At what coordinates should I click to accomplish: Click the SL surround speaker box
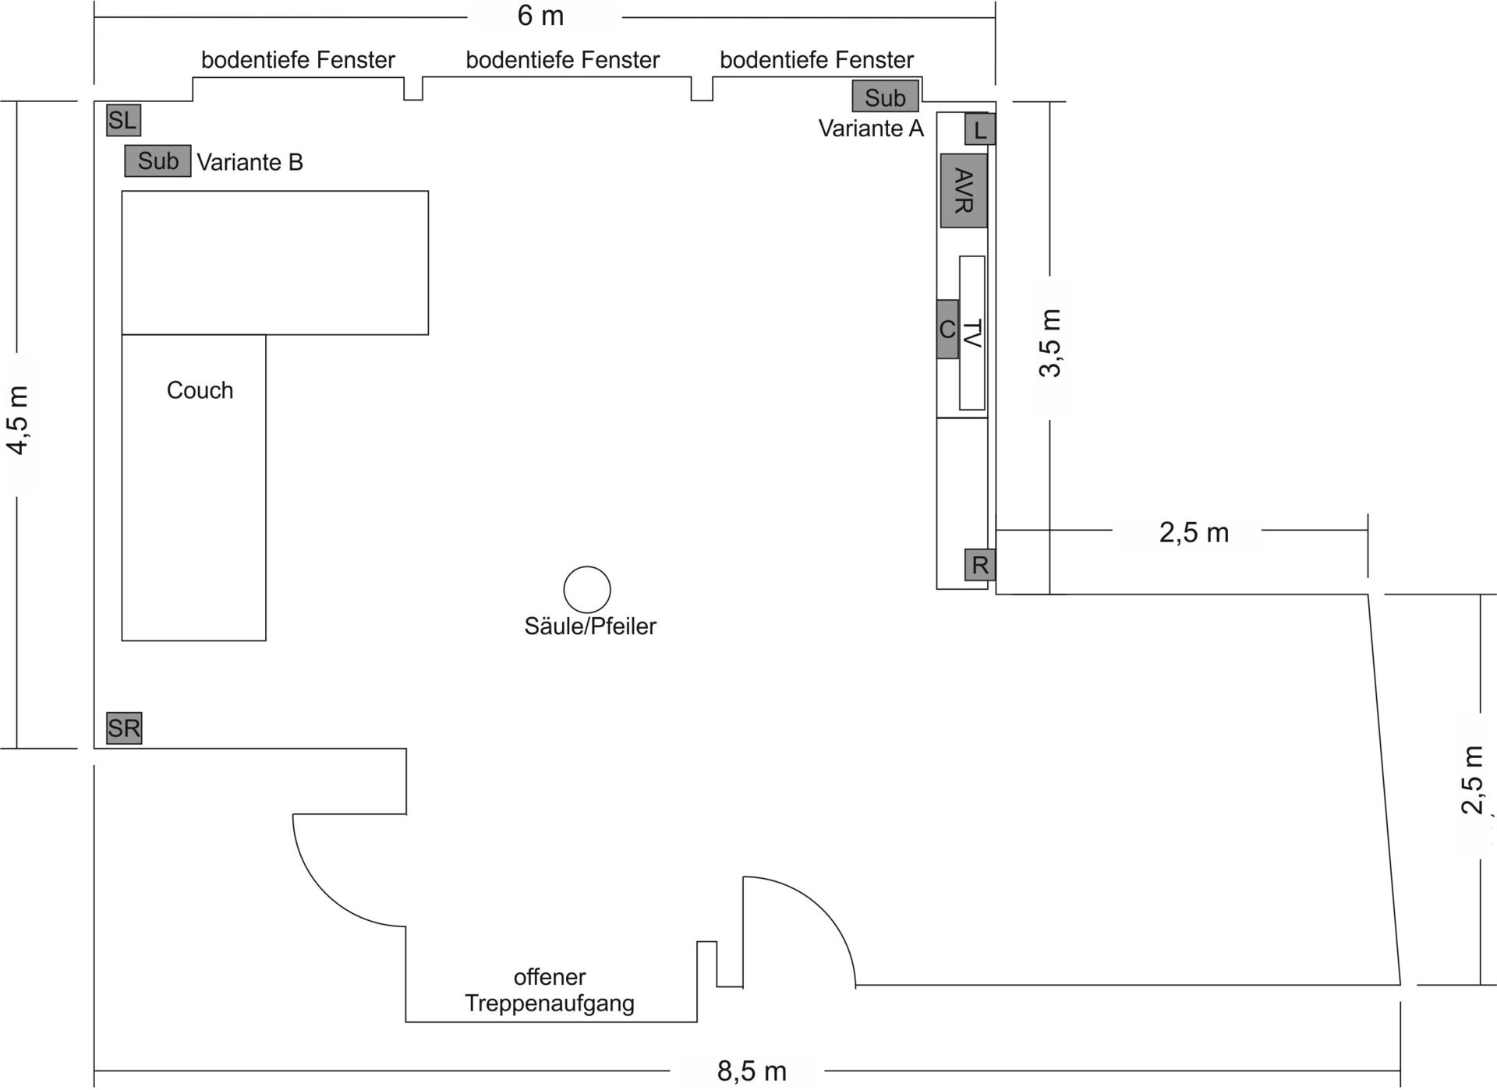pyautogui.click(x=123, y=121)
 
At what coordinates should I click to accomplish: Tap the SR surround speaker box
pyautogui.click(x=124, y=728)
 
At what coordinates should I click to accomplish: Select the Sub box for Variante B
pyautogui.click(x=157, y=161)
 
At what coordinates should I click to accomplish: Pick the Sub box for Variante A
pyautogui.click(x=885, y=97)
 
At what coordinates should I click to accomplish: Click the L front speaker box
pyautogui.click(x=980, y=129)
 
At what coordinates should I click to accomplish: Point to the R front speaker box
pyautogui.click(x=980, y=565)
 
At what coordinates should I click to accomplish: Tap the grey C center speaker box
pyautogui.click(x=947, y=330)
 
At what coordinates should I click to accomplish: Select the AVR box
pyautogui.click(x=964, y=191)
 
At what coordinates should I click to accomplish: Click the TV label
pyautogui.click(x=972, y=333)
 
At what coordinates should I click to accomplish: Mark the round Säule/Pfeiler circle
pyautogui.click(x=587, y=590)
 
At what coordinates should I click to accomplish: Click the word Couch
pyautogui.click(x=200, y=390)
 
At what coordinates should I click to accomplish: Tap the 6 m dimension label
pyautogui.click(x=540, y=16)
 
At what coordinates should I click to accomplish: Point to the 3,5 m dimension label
pyautogui.click(x=1050, y=343)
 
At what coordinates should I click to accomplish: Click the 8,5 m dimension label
pyautogui.click(x=752, y=1071)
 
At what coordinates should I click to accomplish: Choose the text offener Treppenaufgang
pyautogui.click(x=550, y=990)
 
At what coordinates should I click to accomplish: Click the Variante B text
pyautogui.click(x=249, y=162)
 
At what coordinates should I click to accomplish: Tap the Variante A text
pyautogui.click(x=871, y=129)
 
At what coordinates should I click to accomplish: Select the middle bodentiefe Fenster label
pyautogui.click(x=562, y=60)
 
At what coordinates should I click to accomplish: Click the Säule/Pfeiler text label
pyautogui.click(x=590, y=626)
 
